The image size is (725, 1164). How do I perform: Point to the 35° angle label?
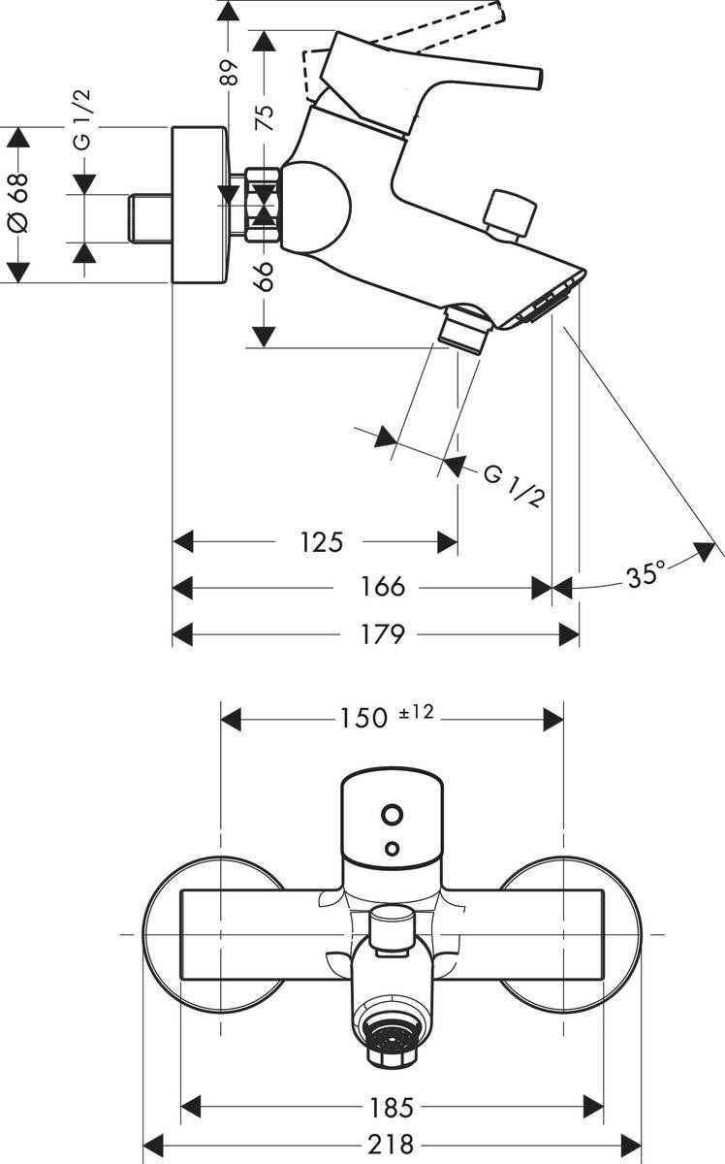(646, 574)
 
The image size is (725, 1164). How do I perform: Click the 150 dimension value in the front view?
(363, 718)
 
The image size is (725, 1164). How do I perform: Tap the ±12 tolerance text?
(416, 714)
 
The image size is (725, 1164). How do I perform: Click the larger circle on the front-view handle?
(392, 813)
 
